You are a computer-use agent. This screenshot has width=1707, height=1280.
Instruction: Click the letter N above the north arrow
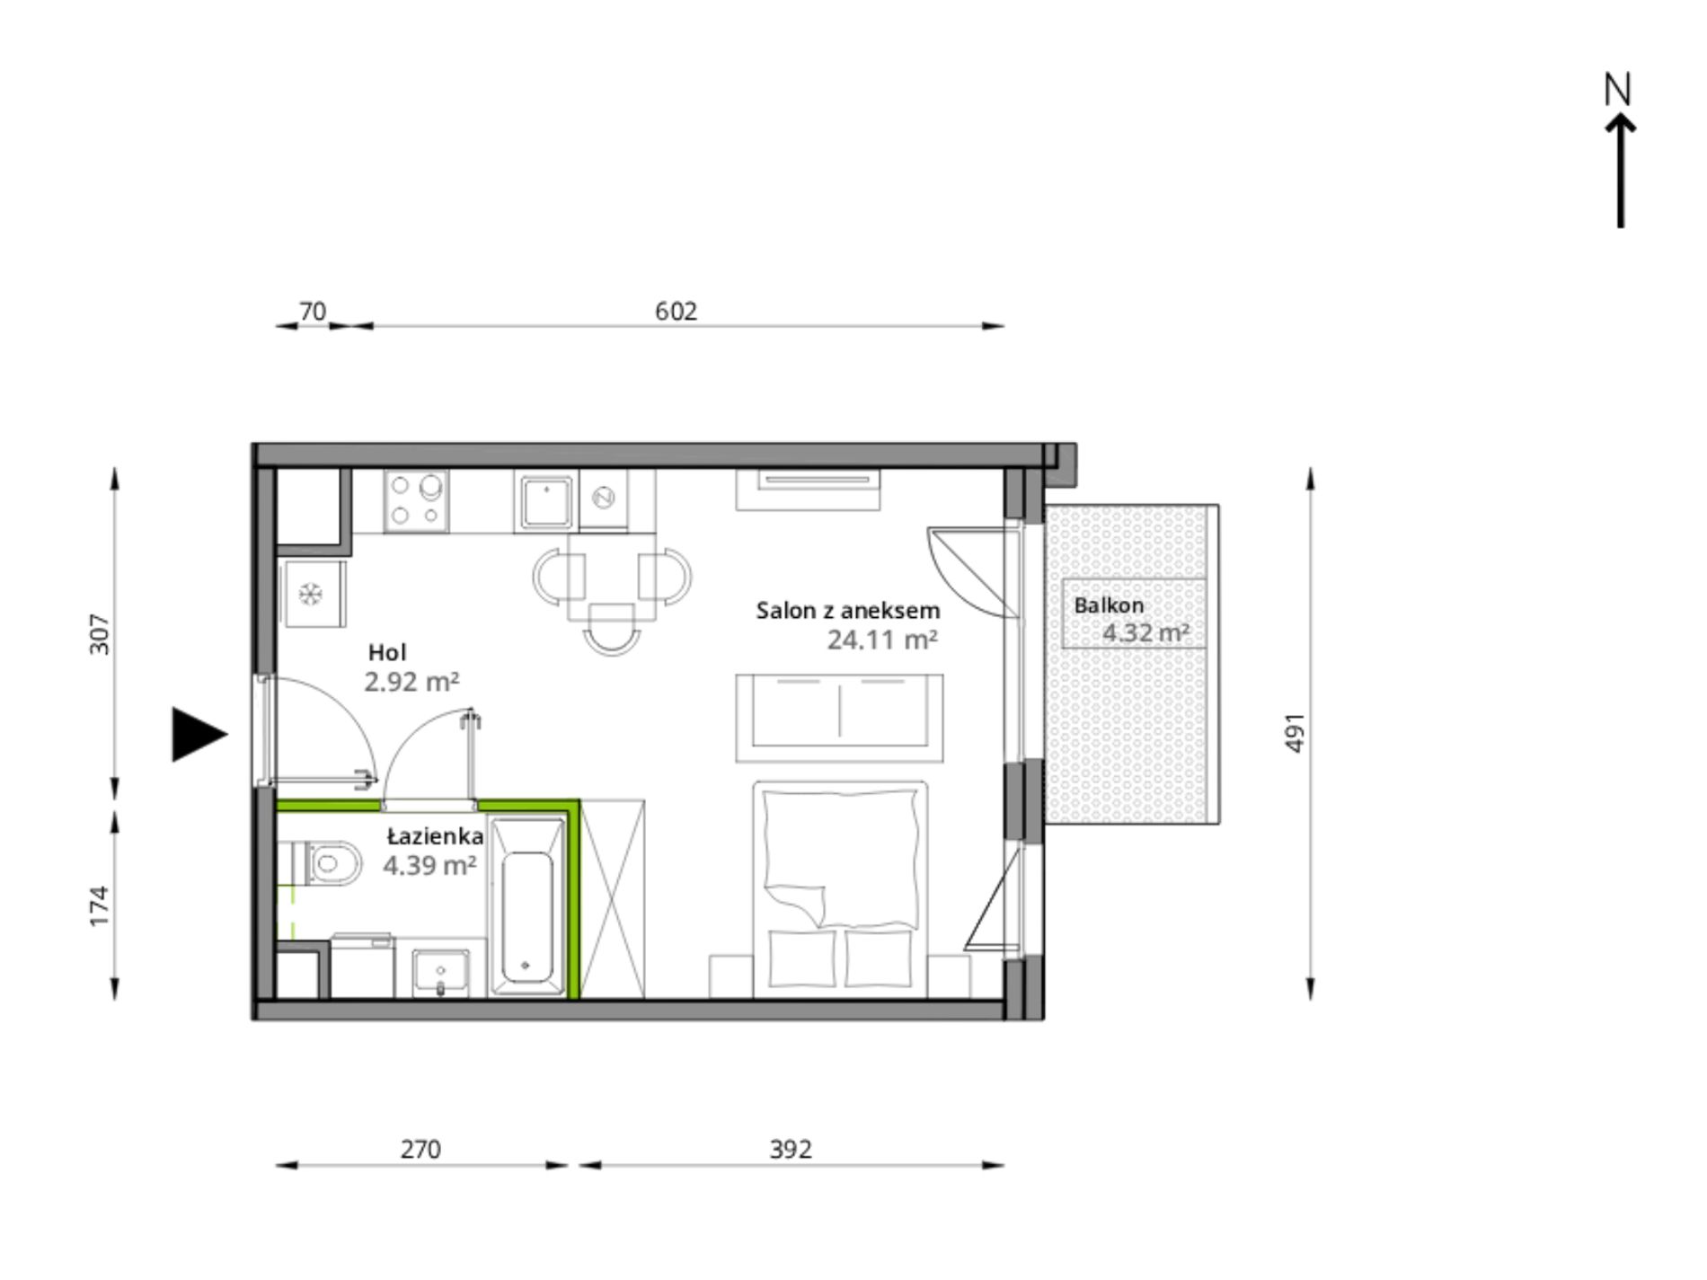tap(1617, 89)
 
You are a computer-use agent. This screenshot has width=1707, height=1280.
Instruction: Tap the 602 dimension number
tap(676, 311)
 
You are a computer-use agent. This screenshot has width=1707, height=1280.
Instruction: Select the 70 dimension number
tap(312, 311)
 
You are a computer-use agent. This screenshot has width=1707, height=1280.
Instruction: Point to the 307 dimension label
tap(100, 633)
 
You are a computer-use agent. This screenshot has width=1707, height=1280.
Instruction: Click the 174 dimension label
tap(100, 905)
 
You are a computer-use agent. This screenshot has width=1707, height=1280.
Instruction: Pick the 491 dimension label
tap(1295, 733)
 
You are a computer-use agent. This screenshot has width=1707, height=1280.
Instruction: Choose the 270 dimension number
tap(420, 1149)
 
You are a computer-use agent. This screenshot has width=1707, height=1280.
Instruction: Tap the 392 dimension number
tap(791, 1149)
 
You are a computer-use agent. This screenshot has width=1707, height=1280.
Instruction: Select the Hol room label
tap(387, 652)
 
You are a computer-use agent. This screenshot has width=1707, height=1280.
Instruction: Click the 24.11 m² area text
tap(882, 640)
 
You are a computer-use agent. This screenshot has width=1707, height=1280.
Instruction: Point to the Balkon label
tap(1109, 605)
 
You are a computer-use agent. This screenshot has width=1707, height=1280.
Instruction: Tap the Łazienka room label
tap(436, 836)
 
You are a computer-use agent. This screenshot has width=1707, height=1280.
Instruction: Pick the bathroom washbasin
tap(440, 973)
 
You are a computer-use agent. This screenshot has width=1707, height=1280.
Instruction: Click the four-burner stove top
tap(417, 501)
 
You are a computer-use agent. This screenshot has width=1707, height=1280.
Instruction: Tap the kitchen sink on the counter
tap(547, 503)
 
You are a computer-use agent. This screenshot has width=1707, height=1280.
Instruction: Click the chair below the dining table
tap(612, 627)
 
